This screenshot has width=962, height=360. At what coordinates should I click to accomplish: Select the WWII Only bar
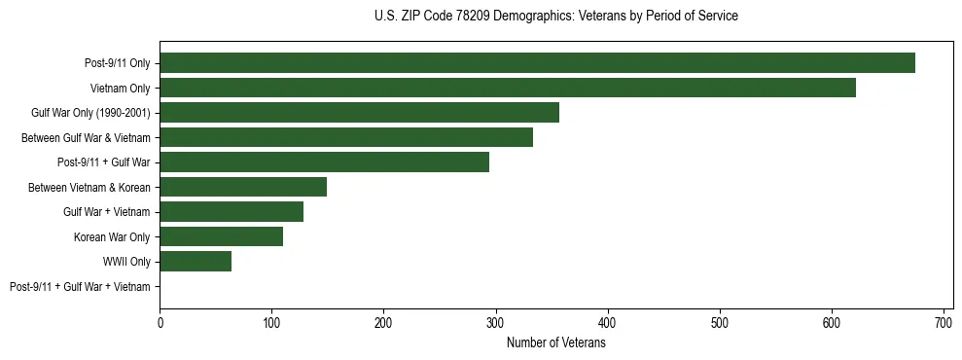tap(196, 261)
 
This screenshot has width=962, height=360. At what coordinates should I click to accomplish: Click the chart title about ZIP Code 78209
tap(555, 17)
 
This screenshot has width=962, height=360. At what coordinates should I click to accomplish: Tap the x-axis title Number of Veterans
tap(556, 343)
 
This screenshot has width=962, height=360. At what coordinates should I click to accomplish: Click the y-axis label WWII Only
tap(126, 262)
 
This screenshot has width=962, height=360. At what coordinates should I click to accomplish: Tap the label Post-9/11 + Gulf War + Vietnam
tap(80, 286)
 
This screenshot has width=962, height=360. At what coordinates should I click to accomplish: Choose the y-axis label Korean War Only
tap(112, 236)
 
